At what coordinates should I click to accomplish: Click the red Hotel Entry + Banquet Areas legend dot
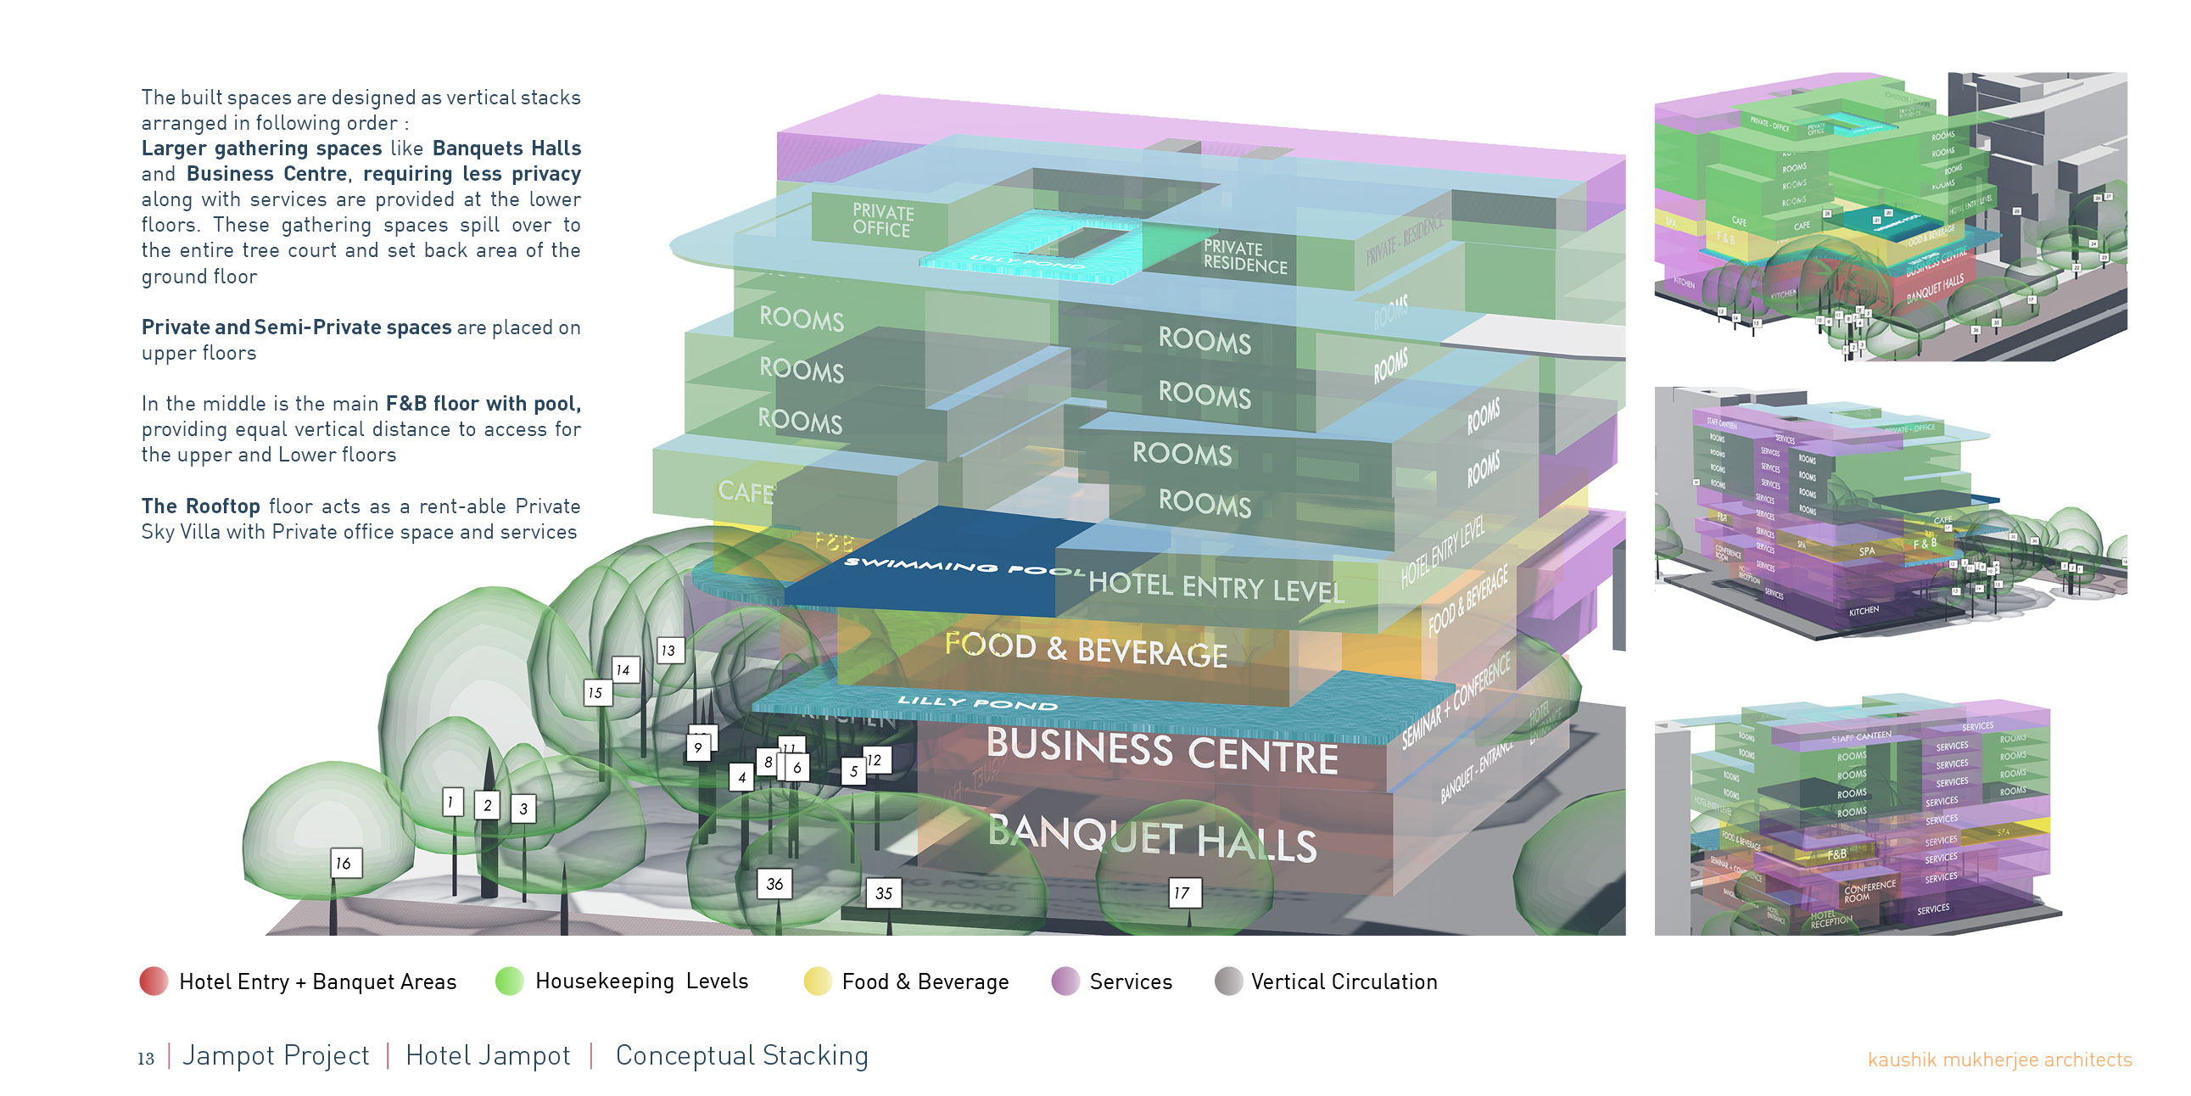pos(154,981)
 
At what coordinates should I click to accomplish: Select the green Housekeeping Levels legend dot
pos(510,981)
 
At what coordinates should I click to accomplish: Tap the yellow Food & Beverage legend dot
pos(817,981)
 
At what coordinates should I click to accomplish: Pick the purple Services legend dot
pos(1065,981)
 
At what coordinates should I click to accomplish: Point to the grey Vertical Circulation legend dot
pos(1228,981)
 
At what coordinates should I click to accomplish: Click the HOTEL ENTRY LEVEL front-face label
pos(1216,587)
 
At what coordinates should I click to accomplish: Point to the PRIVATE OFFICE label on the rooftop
pos(883,221)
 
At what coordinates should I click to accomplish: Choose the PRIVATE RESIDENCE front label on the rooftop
pos(1245,256)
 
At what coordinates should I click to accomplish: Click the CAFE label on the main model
pos(746,492)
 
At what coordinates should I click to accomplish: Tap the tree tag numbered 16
pos(345,863)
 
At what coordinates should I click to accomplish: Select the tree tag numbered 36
pos(774,884)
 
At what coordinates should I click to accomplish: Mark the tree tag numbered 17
pos(1182,892)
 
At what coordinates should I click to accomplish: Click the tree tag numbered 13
pos(669,651)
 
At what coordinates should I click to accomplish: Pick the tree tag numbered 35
pos(884,892)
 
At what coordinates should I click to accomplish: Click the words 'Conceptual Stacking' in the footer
pos(741,1055)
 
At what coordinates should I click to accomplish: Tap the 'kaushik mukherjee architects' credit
pos(1998,1060)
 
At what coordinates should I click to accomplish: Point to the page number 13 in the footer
pos(146,1059)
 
